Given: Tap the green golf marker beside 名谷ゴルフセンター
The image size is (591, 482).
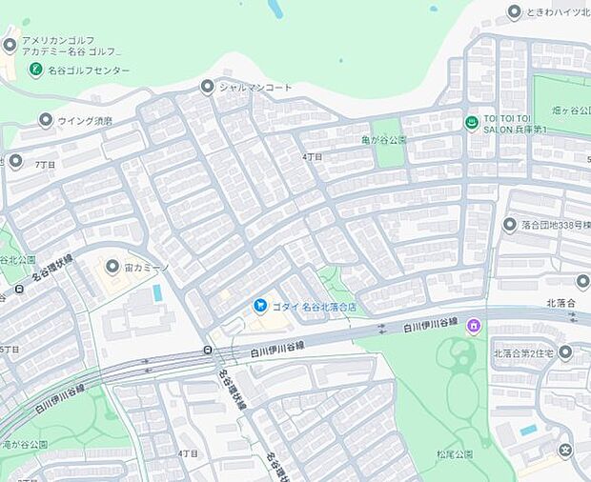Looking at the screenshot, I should tap(35, 70).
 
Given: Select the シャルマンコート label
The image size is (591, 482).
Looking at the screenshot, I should tap(255, 87).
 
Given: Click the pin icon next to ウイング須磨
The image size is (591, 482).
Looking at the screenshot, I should tap(45, 120).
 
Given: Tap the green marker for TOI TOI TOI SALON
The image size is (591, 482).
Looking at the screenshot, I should tap(471, 122).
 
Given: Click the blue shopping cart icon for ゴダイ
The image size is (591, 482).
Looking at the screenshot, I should tap(259, 306).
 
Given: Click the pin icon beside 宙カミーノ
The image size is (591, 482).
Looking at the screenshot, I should tap(112, 267).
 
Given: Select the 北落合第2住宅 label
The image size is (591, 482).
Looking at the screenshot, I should tap(525, 353).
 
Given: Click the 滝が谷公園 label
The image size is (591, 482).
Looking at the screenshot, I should tap(24, 444).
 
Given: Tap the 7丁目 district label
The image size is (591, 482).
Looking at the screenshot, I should tap(45, 164).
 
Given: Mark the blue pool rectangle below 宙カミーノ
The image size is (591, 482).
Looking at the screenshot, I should tap(157, 292).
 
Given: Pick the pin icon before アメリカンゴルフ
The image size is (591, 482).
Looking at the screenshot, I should tap(10, 45).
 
